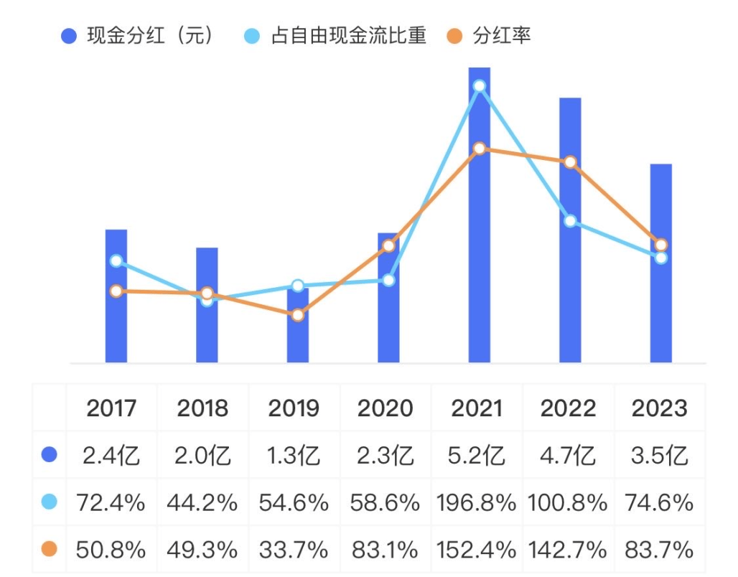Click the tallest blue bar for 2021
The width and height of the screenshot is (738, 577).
(x=479, y=215)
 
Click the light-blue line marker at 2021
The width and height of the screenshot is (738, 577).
(x=479, y=86)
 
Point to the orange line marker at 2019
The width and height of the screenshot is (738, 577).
(x=298, y=314)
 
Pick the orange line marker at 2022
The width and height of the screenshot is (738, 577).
(x=569, y=162)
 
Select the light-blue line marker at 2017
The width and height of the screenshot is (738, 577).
(x=116, y=261)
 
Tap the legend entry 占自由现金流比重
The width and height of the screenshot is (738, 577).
(x=338, y=36)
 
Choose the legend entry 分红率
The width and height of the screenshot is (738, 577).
(x=492, y=36)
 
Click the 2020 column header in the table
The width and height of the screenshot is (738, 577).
(x=385, y=408)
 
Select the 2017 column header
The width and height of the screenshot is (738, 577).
(x=111, y=408)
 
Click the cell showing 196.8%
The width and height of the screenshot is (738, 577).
(x=476, y=503)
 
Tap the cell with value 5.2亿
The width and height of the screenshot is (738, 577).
(x=476, y=456)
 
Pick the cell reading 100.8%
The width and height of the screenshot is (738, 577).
(x=568, y=503)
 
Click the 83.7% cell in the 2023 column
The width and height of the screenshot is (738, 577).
(x=659, y=550)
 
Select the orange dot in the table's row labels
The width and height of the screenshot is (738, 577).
(x=49, y=550)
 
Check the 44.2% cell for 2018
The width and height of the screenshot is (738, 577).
(x=202, y=503)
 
